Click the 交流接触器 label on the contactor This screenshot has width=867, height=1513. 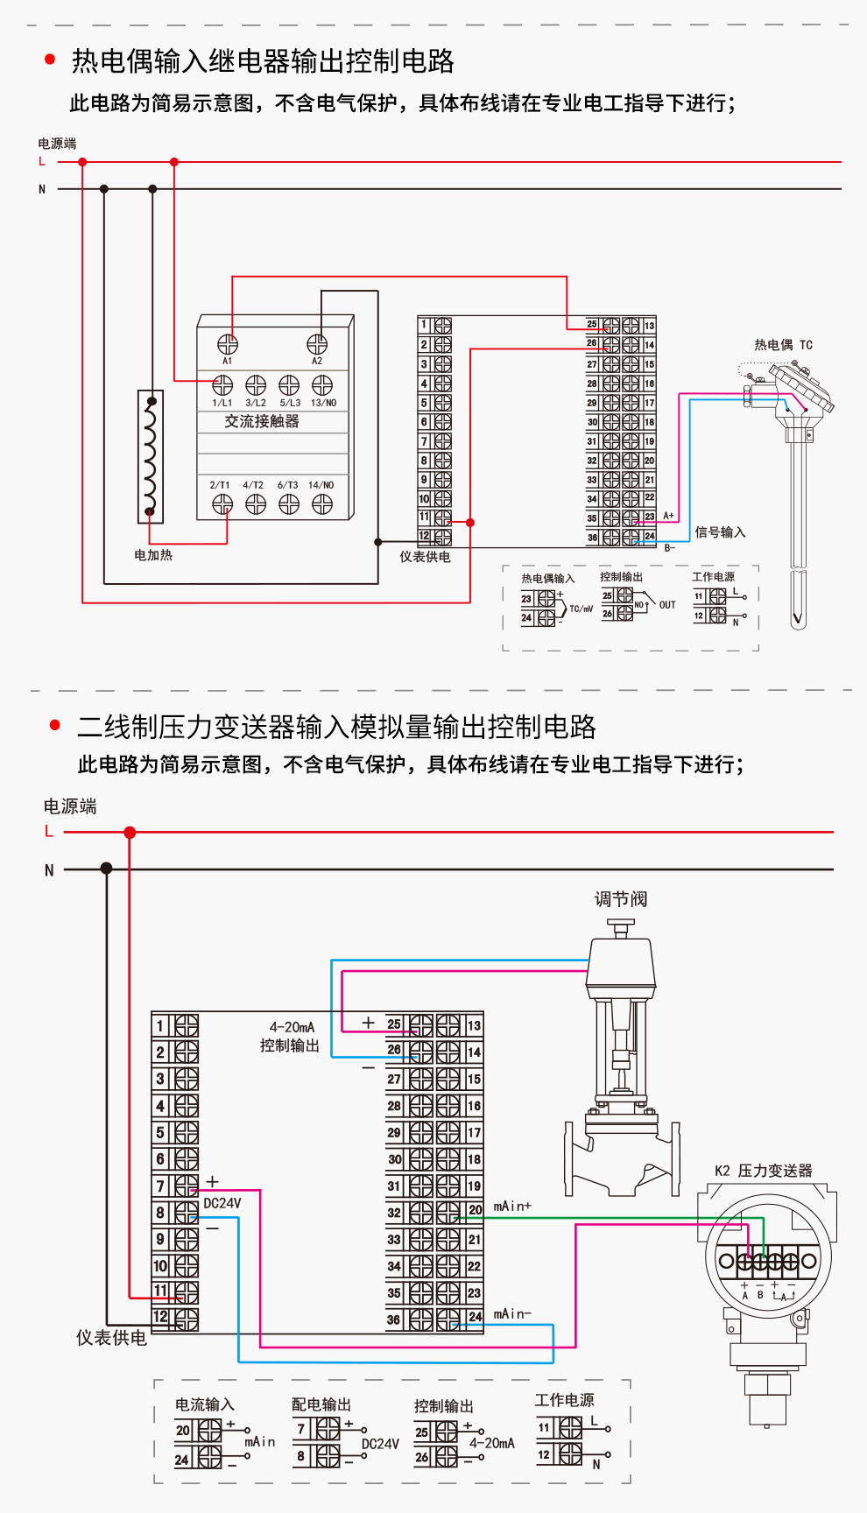click(262, 421)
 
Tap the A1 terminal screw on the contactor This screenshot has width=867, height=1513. click(228, 344)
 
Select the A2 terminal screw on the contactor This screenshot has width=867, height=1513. click(317, 344)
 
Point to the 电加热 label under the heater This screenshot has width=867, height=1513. click(153, 555)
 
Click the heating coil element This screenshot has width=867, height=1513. click(151, 456)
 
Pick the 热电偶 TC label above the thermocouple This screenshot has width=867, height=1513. click(783, 345)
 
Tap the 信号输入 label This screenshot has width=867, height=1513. click(720, 532)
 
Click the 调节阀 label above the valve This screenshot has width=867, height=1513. click(621, 899)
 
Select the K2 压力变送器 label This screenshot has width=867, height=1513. click(763, 1171)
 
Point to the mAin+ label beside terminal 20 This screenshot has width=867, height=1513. click(512, 1207)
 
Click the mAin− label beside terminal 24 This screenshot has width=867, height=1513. click(512, 1313)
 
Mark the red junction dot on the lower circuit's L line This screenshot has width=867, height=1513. click(130, 832)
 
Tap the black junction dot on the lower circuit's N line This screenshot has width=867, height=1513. click(107, 869)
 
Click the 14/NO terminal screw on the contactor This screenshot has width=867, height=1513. click(322, 503)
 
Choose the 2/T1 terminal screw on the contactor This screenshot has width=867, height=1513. click(222, 503)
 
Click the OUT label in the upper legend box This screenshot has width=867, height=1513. click(667, 605)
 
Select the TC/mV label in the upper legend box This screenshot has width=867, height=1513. click(581, 609)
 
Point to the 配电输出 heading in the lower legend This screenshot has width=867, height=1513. click(321, 1404)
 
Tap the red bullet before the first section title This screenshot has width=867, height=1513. click(50, 60)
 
